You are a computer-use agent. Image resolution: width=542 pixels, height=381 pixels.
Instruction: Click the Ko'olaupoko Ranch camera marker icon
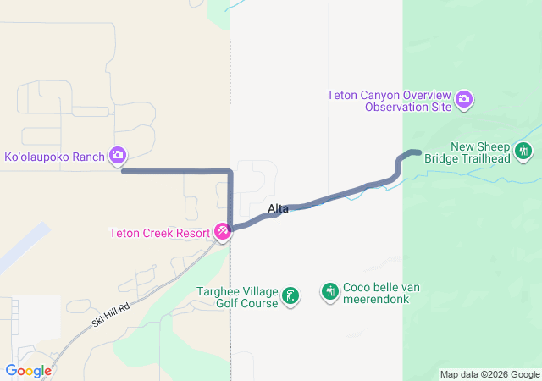(x=118, y=155)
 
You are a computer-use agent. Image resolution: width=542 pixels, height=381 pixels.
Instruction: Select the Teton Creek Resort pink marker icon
(x=223, y=231)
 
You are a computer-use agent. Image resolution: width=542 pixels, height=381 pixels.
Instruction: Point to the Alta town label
(x=278, y=208)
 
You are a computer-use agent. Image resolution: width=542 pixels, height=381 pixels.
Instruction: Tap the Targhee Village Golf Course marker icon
(x=290, y=295)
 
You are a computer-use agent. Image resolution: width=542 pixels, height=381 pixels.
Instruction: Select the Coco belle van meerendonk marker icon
(x=330, y=292)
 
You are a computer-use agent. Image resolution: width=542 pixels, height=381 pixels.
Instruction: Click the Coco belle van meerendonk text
(x=381, y=293)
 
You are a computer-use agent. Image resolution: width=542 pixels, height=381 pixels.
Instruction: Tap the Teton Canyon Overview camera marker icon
(x=464, y=101)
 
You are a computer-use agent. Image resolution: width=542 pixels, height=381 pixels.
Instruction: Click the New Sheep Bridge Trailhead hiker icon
(x=524, y=152)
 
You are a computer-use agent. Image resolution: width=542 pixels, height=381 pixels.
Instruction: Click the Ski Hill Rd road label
(x=110, y=317)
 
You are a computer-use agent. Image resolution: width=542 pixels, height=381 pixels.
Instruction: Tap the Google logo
(x=28, y=371)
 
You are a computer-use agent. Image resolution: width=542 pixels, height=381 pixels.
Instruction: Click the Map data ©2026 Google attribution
(x=489, y=374)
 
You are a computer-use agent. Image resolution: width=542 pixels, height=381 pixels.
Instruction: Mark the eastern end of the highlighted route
(x=418, y=152)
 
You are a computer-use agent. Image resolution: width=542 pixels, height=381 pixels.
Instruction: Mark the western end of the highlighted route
(x=124, y=171)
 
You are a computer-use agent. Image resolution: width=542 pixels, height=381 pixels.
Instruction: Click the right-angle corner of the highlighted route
(x=230, y=172)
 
